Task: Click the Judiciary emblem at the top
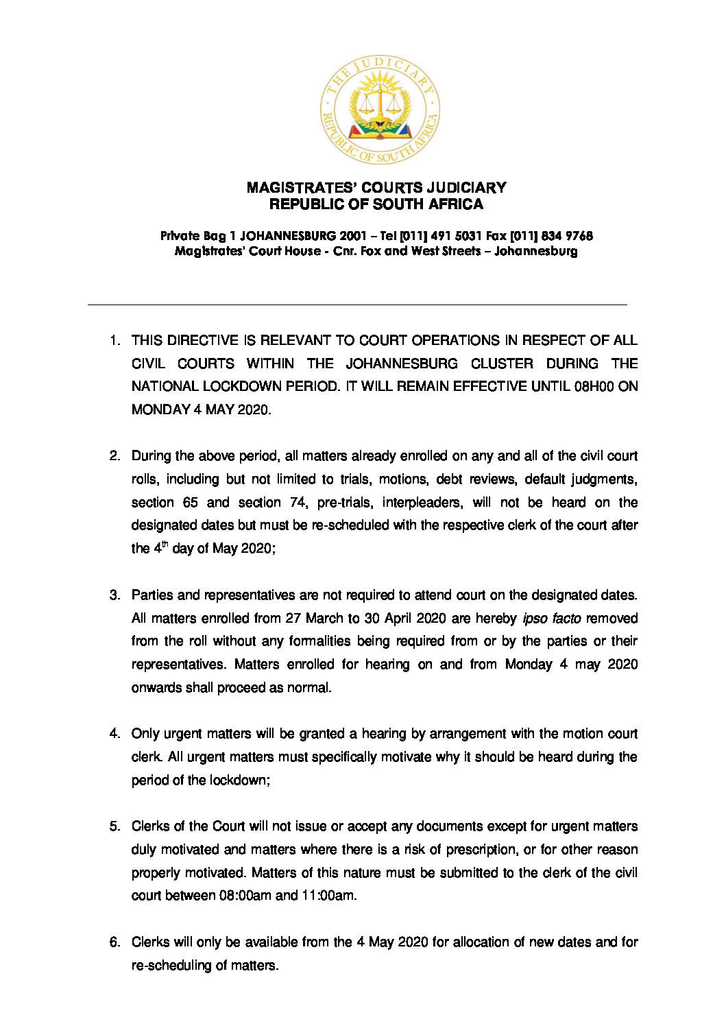380,110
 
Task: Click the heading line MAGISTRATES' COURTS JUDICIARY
376,187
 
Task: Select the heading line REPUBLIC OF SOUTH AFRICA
376,204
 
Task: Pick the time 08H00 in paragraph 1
594,386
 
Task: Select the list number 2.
114,456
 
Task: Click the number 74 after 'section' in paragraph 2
298,502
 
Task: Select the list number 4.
114,734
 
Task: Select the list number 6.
114,942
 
